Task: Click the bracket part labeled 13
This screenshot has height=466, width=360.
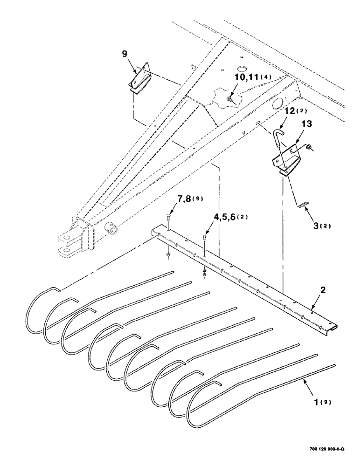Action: pos(286,161)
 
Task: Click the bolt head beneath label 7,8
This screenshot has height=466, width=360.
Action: pos(168,216)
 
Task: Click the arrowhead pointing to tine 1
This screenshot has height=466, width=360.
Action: pos(304,381)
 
